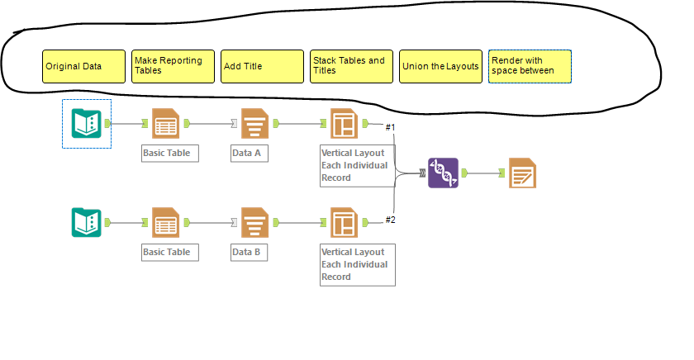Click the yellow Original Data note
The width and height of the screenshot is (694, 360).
[83, 66]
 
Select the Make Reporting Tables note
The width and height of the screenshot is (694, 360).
[173, 66]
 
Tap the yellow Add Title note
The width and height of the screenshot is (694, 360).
[262, 66]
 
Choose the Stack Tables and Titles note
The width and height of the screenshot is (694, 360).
[351, 66]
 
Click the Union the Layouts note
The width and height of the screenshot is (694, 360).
[440, 66]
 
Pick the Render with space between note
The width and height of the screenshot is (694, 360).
[530, 66]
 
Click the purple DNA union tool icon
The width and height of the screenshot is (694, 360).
[443, 173]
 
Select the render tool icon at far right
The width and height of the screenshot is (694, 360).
[523, 173]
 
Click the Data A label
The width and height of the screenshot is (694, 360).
[249, 154]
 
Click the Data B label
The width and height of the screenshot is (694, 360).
[249, 252]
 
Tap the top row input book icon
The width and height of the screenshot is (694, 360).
[86, 124]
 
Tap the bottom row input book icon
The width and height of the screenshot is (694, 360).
[86, 222]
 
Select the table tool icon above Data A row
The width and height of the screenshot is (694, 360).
[166, 124]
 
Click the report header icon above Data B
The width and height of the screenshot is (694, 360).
[255, 222]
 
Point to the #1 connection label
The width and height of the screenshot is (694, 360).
[391, 126]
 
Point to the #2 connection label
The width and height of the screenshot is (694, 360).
[391, 220]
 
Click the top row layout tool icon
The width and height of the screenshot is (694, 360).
[344, 124]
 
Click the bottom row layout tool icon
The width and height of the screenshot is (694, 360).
[344, 222]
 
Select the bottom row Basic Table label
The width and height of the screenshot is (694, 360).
[169, 252]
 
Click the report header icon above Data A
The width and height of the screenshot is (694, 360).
[255, 124]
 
